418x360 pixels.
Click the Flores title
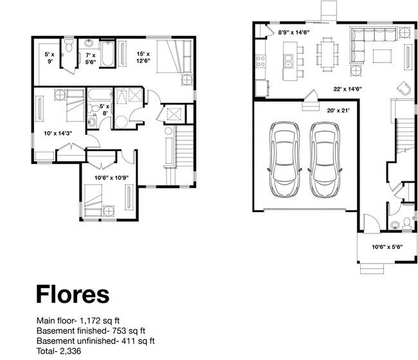point(73,294)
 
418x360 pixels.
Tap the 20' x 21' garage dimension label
point(338,111)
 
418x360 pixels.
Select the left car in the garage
point(284,159)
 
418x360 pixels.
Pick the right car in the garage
point(325,159)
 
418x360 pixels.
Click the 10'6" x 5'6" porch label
point(387,247)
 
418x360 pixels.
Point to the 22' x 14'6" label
point(347,89)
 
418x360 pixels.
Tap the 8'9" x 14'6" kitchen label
point(293,33)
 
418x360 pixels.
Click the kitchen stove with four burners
point(260,61)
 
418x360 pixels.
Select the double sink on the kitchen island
point(288,61)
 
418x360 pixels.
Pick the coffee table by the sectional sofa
point(382,56)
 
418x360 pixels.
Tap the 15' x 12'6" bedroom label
point(143,57)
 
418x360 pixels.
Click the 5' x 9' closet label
point(50,58)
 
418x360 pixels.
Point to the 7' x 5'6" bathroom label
point(91,59)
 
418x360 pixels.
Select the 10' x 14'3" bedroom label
point(58,133)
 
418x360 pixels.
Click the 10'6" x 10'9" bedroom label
point(111,177)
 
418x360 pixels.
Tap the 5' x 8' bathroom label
point(104,109)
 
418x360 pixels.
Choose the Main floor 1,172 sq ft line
point(78,320)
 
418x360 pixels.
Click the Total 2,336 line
point(59,351)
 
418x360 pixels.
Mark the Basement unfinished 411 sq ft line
point(95,341)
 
